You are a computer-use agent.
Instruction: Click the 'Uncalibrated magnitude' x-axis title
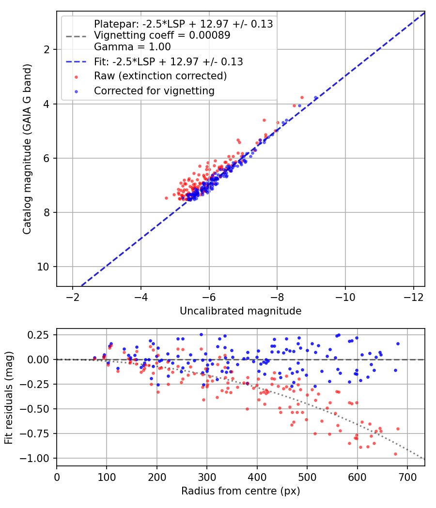(x=240, y=311)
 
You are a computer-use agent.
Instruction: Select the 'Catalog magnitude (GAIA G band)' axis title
(x=27, y=149)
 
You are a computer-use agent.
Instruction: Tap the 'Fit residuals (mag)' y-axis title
(x=9, y=398)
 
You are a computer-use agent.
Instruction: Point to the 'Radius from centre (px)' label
(x=240, y=491)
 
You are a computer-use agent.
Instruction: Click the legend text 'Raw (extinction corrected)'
(x=160, y=76)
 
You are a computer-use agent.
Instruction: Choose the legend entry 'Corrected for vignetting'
(x=154, y=91)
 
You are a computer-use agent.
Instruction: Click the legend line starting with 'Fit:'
(x=169, y=61)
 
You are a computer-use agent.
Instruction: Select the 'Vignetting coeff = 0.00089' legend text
(x=162, y=35)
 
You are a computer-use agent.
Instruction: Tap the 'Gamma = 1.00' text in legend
(x=132, y=46)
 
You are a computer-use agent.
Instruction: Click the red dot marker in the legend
(x=76, y=77)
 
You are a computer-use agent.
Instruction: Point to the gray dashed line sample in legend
(x=76, y=36)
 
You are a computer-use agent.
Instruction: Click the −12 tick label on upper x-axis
(x=413, y=297)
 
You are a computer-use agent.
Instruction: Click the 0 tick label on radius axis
(x=57, y=477)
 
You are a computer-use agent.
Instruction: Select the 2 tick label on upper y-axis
(x=47, y=49)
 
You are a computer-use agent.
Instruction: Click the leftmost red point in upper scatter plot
(x=167, y=198)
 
